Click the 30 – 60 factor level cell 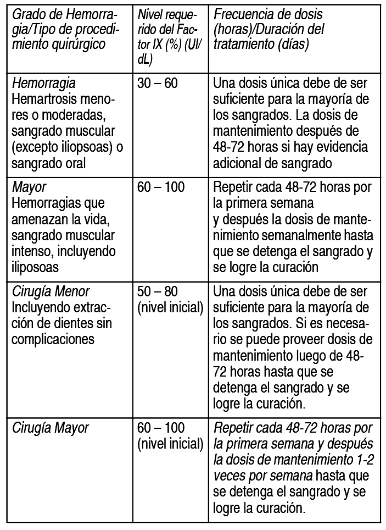[157, 84]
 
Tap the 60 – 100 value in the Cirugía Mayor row [161, 427]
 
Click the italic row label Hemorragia [44, 84]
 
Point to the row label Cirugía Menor [51, 291]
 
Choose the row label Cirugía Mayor [50, 427]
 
